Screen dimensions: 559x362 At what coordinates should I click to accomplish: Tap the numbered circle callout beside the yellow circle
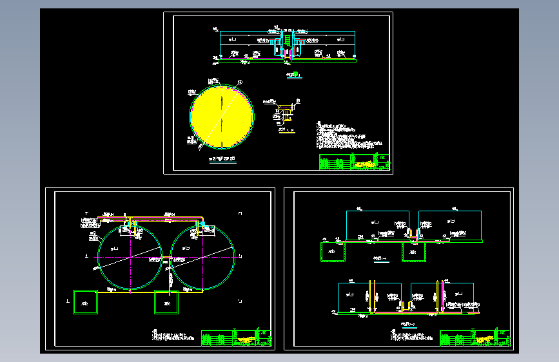[240, 82]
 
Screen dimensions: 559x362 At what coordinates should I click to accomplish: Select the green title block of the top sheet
[354, 162]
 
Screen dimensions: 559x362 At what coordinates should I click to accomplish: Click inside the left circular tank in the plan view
[130, 258]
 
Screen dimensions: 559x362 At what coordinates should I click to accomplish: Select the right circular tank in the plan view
[202, 258]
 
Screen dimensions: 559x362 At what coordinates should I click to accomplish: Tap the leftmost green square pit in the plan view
[85, 301]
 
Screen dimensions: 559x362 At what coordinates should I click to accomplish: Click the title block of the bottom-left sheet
[236, 338]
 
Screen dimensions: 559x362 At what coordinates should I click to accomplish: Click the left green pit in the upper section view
[331, 252]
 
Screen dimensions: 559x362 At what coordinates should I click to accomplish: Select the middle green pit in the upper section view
[413, 251]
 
